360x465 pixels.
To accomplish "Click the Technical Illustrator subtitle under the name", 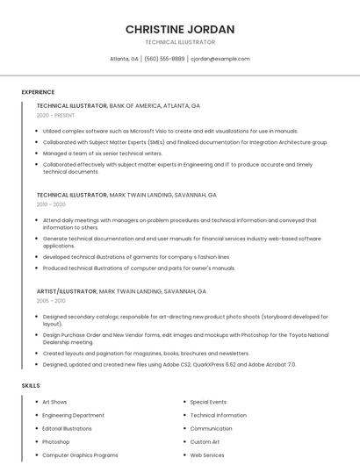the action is point(179,42).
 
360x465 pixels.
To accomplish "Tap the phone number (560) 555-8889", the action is point(164,59).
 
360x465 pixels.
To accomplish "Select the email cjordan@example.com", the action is point(220,59).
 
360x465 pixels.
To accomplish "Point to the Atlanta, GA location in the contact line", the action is point(124,59).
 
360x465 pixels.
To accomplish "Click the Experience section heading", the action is point(38,92).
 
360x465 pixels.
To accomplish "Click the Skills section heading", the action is point(31,385).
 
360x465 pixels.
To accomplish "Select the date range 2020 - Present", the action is point(55,115).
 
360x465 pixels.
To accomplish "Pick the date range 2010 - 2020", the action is point(51,204).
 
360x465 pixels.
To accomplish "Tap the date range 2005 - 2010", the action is point(51,300).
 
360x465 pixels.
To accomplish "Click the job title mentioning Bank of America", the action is point(119,105).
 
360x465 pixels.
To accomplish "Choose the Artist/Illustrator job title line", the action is point(121,290).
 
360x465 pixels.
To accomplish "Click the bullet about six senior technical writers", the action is point(102,153).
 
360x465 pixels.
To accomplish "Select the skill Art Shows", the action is point(54,402).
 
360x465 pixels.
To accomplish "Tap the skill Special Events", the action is point(208,402).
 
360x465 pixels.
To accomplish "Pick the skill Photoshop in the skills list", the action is point(55,442).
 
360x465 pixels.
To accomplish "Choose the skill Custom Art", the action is point(205,442).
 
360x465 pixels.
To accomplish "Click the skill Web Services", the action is point(207,455).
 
